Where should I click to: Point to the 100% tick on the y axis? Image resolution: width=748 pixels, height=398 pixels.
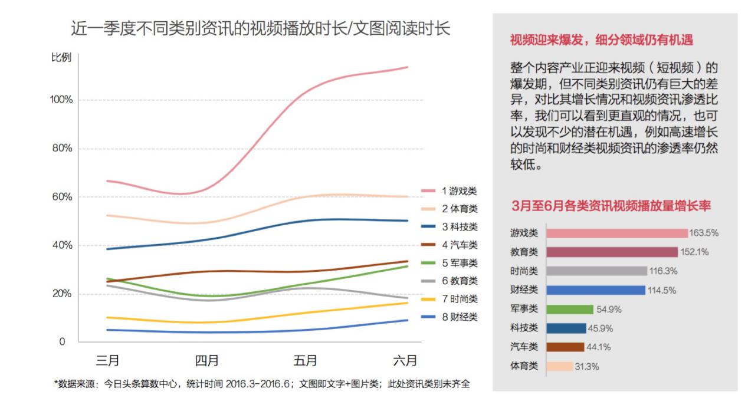click(61, 100)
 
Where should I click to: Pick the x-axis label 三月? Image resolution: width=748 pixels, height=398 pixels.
click(107, 360)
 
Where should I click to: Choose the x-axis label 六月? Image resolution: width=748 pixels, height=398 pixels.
click(405, 360)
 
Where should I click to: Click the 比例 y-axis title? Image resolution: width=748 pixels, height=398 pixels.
click(61, 58)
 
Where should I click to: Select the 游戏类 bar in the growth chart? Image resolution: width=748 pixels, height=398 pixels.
click(616, 233)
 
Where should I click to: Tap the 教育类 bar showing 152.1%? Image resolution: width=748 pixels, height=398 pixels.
click(612, 252)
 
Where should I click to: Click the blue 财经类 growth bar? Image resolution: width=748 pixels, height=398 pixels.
click(595, 290)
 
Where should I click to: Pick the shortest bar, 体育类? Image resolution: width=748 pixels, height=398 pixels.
click(559, 366)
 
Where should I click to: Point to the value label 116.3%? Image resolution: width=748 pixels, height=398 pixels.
click(663, 271)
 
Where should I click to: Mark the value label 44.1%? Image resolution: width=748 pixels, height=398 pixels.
click(599, 347)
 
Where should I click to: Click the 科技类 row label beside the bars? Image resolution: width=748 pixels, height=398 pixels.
click(524, 328)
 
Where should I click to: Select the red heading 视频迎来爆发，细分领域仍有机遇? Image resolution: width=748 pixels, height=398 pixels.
click(601, 40)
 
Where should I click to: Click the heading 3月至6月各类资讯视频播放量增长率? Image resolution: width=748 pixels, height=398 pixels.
click(611, 206)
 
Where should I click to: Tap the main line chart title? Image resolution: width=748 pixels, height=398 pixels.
click(260, 28)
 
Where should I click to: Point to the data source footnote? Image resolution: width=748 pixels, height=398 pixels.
click(262, 384)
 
